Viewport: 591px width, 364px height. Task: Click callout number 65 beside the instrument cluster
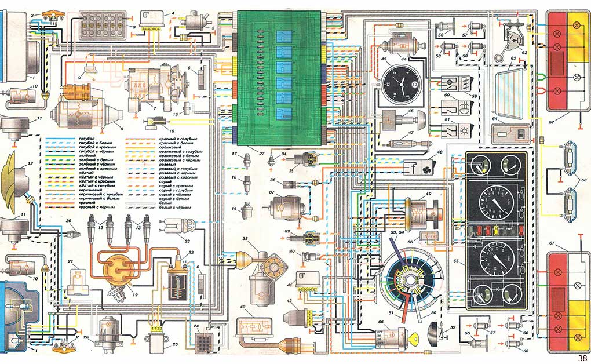[457, 262]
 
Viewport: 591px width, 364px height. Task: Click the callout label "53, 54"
[398, 232]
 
